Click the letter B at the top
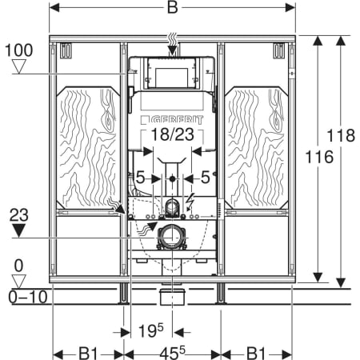pos(172,7)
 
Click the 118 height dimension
pos(341,135)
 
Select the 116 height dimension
pos(319,157)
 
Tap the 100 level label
pos(19,50)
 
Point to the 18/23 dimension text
pos(173,134)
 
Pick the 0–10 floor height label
pos(28,297)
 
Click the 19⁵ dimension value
pos(151,330)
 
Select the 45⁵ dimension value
pos(173,354)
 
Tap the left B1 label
pos(88,354)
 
